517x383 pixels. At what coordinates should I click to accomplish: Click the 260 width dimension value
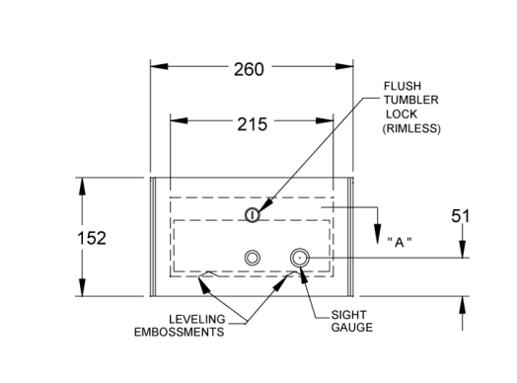tap(249, 69)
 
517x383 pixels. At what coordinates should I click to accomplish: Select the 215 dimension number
tap(253, 124)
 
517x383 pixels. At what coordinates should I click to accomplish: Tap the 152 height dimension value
tap(92, 238)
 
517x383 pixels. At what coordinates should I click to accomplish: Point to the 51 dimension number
tap(461, 216)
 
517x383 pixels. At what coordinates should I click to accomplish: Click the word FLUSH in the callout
tap(403, 86)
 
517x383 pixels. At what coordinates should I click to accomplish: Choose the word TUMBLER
tap(410, 100)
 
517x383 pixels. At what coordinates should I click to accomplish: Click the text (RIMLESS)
tap(411, 128)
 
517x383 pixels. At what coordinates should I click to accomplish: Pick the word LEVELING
tap(197, 320)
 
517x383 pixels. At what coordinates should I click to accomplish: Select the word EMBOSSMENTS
tap(179, 332)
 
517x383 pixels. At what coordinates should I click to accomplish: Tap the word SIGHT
tap(349, 315)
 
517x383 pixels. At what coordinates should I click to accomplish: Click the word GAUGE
tap(352, 328)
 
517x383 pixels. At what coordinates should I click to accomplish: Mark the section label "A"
tap(400, 243)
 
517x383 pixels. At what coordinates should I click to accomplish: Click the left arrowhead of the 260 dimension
tap(159, 66)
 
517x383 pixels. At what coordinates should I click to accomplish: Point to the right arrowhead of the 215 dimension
tap(325, 120)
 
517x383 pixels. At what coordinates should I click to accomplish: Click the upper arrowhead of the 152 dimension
tap(82, 187)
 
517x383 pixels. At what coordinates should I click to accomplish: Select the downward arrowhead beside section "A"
tap(378, 234)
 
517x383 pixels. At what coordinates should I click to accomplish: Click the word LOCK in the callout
tap(402, 115)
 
